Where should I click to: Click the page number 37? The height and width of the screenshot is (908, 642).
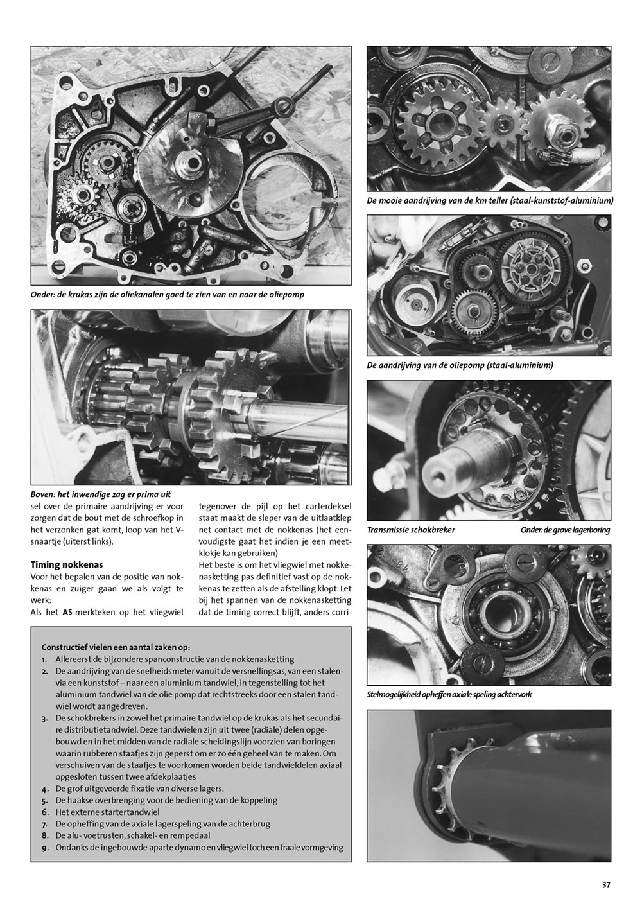pyautogui.click(x=606, y=884)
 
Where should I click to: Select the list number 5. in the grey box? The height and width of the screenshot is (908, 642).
pyautogui.click(x=43, y=800)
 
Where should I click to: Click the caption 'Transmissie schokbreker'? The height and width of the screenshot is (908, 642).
pyautogui.click(x=410, y=530)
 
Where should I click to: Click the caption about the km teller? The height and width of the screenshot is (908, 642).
pyautogui.click(x=490, y=201)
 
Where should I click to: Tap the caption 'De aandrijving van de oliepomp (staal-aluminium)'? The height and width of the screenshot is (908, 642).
pyautogui.click(x=460, y=365)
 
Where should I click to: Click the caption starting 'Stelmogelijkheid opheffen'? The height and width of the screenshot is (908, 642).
pyautogui.click(x=449, y=694)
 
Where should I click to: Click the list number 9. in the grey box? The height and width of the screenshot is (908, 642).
pyautogui.click(x=43, y=847)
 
